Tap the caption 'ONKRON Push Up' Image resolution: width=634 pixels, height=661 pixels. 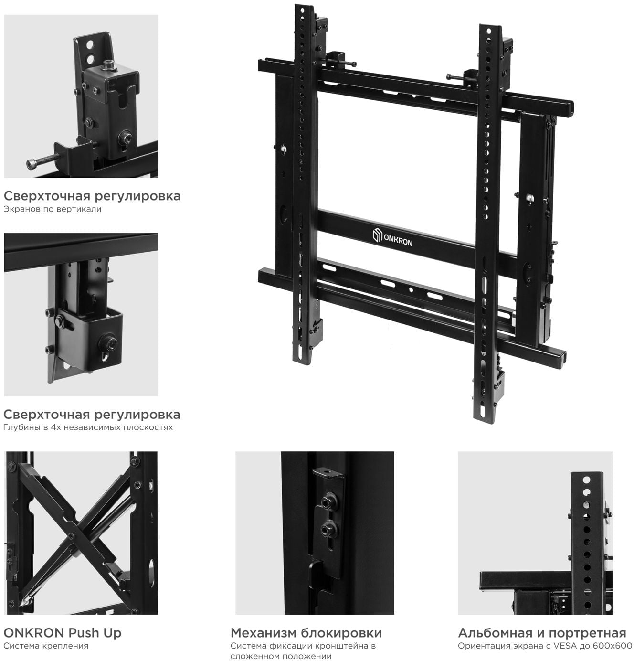(x=63, y=633)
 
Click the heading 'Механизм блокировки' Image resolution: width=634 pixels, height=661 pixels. (x=306, y=633)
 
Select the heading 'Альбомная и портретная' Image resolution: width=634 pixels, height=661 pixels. (x=542, y=633)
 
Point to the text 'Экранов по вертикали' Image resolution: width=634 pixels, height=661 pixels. (x=53, y=209)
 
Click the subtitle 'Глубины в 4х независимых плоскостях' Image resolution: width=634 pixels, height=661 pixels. (x=88, y=427)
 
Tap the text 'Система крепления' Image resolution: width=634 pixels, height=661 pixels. (x=46, y=646)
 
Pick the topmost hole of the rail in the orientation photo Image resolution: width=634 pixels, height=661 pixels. (x=586, y=480)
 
